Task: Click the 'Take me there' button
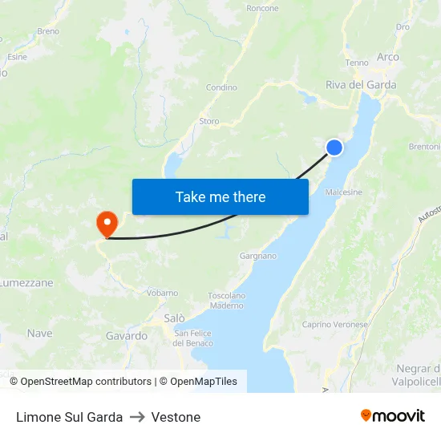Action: click(220, 196)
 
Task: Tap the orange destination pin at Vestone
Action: click(106, 221)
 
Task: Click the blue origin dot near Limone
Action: click(334, 147)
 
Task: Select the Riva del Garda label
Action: click(361, 84)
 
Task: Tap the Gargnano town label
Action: click(257, 256)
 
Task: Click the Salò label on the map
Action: click(174, 318)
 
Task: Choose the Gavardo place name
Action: click(127, 336)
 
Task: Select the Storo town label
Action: click(208, 121)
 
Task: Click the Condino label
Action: click(221, 87)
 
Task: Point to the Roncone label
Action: click(263, 9)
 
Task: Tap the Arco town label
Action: click(387, 57)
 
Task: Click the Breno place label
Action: click(48, 32)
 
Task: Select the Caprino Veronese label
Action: click(334, 325)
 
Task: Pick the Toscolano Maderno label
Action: click(226, 300)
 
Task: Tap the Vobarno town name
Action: click(162, 293)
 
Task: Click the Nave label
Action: click(39, 333)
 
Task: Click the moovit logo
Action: click(392, 416)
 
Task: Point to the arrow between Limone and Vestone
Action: click(137, 417)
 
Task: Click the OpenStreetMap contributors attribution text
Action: click(86, 382)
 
